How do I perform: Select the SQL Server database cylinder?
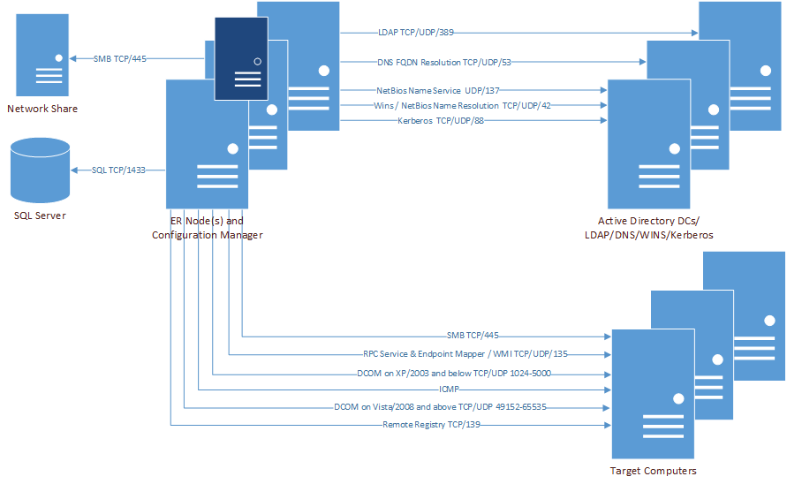[x=40, y=170]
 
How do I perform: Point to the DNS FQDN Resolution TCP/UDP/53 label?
[x=430, y=62]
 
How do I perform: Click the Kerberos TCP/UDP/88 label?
[x=441, y=121]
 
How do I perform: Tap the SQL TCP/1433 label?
[x=117, y=170]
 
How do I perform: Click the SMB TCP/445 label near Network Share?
[x=119, y=58]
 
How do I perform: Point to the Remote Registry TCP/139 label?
[x=431, y=425]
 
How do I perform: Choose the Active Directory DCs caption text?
[x=655, y=221]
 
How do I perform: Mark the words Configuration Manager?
[x=207, y=235]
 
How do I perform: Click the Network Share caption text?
[x=42, y=109]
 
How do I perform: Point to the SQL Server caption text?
[x=40, y=216]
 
